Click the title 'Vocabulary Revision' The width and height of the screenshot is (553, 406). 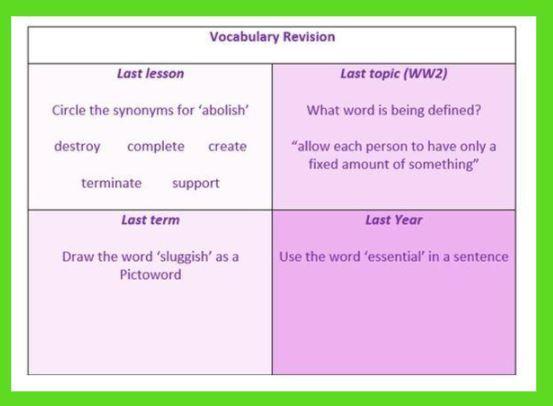point(272,37)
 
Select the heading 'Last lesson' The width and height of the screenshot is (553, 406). point(151,73)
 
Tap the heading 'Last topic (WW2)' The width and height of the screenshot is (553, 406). point(394,73)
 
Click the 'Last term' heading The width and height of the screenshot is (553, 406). point(151,220)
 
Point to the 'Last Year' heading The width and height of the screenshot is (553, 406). point(394,220)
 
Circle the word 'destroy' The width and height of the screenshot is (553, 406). point(77,147)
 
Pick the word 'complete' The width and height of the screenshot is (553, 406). point(156,147)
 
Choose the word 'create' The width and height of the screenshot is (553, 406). point(227,146)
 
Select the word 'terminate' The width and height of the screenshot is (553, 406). point(111,183)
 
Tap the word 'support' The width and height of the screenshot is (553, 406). point(196,184)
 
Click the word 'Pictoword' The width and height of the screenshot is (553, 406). point(151,274)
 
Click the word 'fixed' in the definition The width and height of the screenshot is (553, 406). point(323,164)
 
